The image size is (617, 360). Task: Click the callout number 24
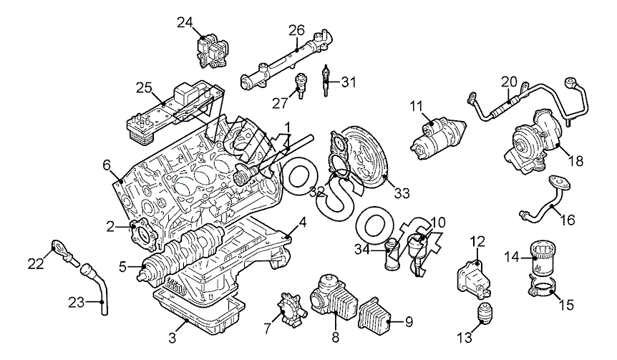pos(185,23)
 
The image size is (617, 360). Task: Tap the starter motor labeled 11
pos(437,138)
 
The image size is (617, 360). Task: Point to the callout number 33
pos(402,193)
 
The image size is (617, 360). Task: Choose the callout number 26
pos(297,30)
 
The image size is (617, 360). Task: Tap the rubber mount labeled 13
pos(485,313)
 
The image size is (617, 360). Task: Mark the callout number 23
pos(77,303)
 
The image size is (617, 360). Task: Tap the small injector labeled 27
pos(301,87)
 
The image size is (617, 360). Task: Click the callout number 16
pos(568,220)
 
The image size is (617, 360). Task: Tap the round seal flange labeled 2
pos(143,236)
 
